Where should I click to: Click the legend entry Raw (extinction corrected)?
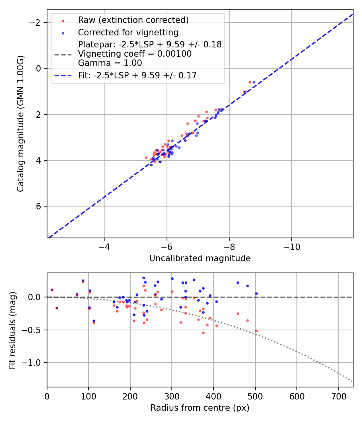133,20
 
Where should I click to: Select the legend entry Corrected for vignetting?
128,32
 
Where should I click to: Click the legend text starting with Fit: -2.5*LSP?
137,75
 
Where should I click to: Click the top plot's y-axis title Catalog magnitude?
21,123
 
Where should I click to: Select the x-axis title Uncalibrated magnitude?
200,258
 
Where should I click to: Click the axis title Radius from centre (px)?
200,408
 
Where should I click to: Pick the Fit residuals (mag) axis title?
12,330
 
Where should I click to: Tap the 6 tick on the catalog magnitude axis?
39,207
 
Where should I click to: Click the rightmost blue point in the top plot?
254,82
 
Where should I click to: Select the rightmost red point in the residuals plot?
256,331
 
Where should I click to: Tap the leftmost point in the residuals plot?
52,290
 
